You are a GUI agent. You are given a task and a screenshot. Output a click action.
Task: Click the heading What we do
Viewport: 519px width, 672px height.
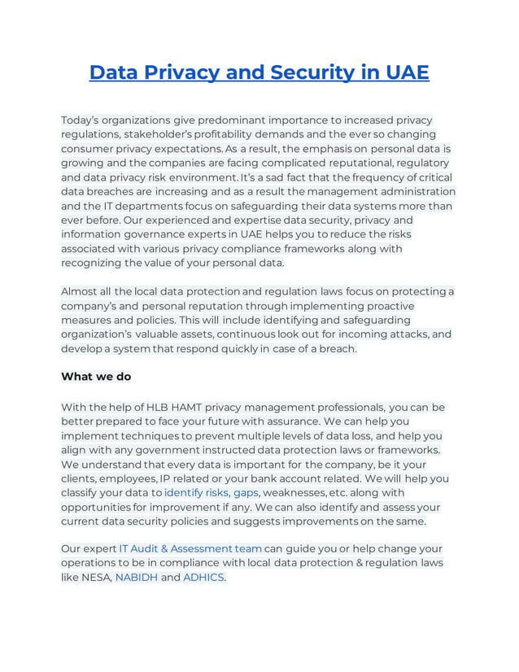(x=96, y=377)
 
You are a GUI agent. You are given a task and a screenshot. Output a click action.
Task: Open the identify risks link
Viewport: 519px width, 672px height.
(x=196, y=493)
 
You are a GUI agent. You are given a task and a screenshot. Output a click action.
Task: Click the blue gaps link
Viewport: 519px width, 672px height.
(x=246, y=493)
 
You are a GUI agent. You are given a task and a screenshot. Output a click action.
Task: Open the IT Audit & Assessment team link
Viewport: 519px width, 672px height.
(x=190, y=548)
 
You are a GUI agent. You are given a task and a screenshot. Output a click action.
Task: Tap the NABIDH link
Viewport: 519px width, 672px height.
(x=137, y=578)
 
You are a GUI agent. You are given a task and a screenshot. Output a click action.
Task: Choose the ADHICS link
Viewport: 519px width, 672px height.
(x=203, y=578)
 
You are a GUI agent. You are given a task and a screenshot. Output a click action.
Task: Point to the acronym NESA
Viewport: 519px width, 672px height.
(x=96, y=578)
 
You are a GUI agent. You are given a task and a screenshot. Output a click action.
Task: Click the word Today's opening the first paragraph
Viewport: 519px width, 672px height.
(x=85, y=120)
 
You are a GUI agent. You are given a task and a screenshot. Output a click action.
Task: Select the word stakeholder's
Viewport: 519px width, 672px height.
(x=168, y=134)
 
